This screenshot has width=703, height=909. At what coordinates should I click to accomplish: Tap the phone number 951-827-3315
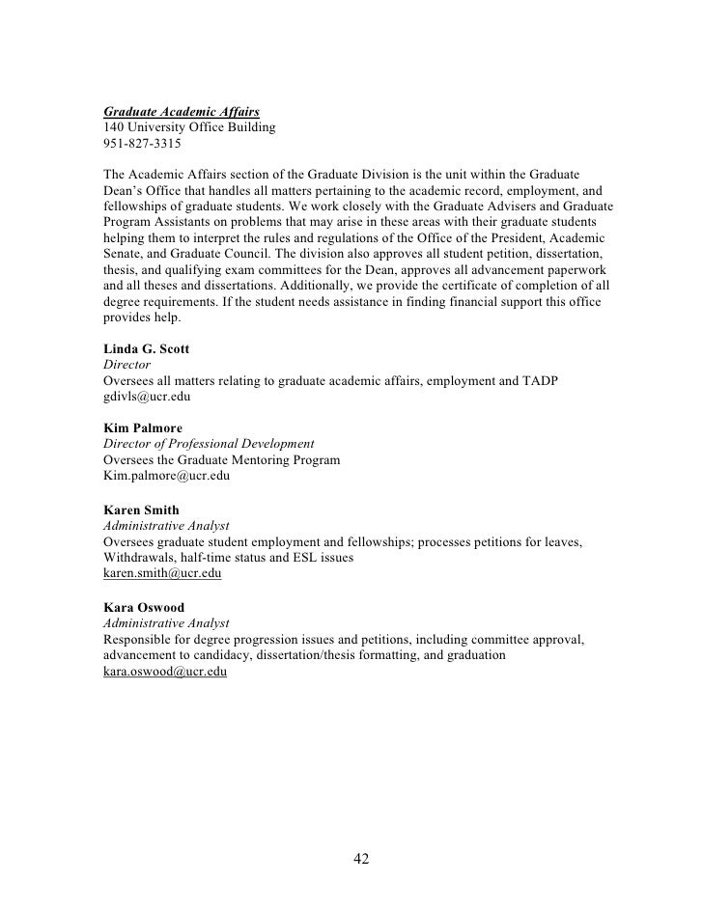[141, 144]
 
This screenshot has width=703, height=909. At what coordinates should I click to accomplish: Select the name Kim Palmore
[143, 427]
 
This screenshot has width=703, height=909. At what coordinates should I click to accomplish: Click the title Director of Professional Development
[209, 444]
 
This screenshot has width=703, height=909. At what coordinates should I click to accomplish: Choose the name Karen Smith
[141, 510]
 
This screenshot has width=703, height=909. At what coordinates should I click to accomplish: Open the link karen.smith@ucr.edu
[162, 574]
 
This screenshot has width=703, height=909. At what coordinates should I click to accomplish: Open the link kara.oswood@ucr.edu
[164, 673]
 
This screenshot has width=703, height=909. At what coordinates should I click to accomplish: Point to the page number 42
[362, 860]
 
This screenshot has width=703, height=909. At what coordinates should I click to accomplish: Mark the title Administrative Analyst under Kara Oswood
[166, 623]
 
